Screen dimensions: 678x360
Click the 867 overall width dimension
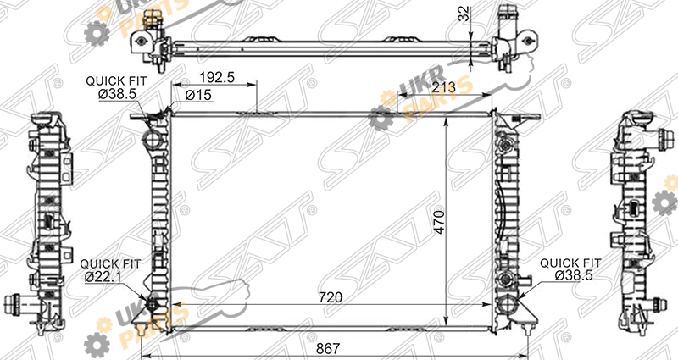328,348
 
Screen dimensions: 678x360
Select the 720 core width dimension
331,297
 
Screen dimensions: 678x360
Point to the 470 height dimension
439,221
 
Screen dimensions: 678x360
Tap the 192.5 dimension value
217,77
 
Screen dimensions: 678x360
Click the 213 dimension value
443,88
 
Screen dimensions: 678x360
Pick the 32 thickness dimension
464,14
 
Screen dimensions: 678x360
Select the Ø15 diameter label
198,95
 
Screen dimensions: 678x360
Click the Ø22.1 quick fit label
102,277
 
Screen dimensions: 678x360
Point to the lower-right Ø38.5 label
574,275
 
